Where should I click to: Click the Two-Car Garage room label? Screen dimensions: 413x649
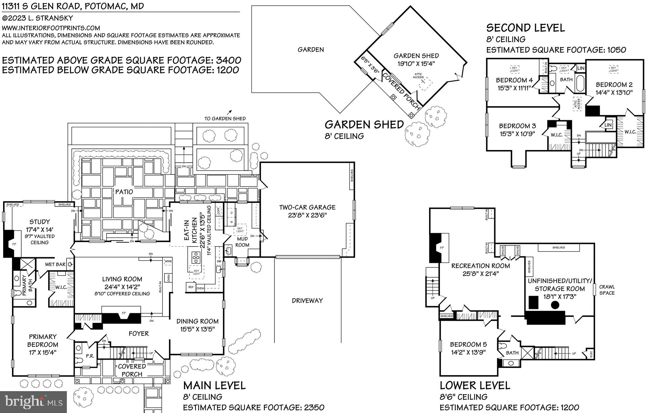pyautogui.click(x=307, y=207)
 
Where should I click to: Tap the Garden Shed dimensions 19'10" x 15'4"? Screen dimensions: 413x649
pyautogui.click(x=416, y=63)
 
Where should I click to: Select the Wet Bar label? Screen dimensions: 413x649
pyautogui.click(x=55, y=264)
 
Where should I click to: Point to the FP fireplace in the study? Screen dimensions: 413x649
pyautogui.click(x=14, y=244)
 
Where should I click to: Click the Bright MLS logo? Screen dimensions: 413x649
pyautogui.click(x=33, y=402)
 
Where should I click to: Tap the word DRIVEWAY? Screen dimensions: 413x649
pyautogui.click(x=307, y=300)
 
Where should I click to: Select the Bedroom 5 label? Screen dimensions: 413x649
pyautogui.click(x=468, y=344)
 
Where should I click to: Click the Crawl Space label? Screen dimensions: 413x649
pyautogui.click(x=607, y=290)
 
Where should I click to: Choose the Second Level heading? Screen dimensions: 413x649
pyautogui.click(x=525, y=28)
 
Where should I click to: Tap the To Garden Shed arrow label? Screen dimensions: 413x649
pyautogui.click(x=225, y=119)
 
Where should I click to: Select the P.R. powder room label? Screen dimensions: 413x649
pyautogui.click(x=90, y=356)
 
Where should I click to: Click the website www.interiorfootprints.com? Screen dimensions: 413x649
pyautogui.click(x=51, y=28)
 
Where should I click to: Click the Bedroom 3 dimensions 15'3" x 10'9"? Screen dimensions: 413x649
pyautogui.click(x=517, y=134)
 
